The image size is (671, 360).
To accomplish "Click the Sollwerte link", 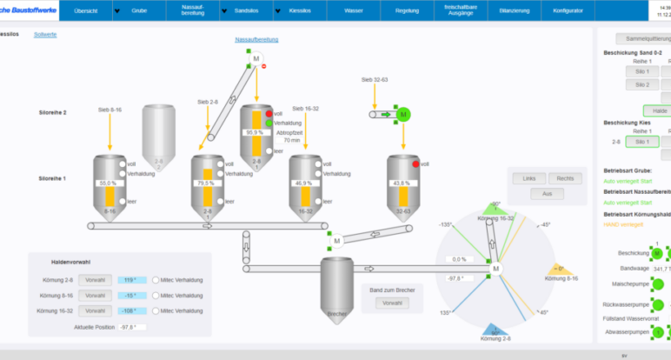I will coord(45,34).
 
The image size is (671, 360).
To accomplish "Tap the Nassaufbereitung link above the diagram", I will coord(256,40).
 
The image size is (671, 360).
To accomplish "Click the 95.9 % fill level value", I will coord(254,132).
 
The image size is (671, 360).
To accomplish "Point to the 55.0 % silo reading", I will coord(108,183).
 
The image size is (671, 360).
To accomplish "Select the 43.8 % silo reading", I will coord(402,183).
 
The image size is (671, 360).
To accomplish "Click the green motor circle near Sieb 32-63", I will coord(402,114).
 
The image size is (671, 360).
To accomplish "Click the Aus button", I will coord(547,193).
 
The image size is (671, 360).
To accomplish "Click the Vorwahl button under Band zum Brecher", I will coord(392,303).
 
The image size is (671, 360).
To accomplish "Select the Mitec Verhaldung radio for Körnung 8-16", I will coord(156,296).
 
